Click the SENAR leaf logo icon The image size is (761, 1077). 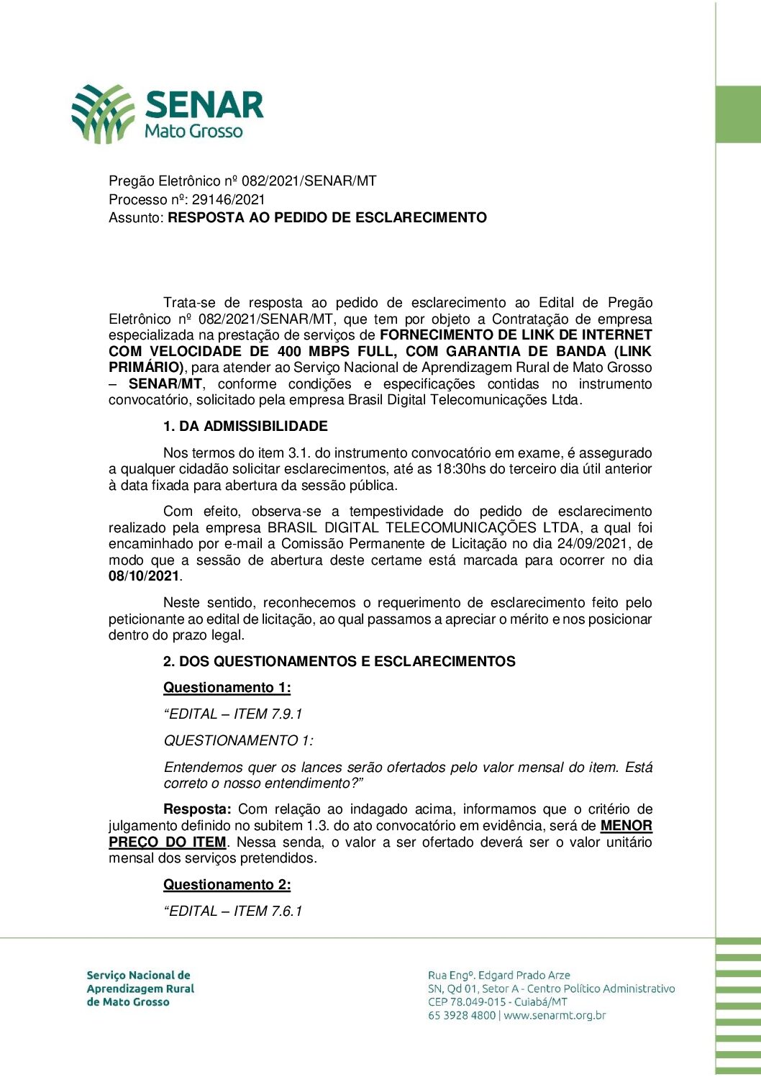click(103, 114)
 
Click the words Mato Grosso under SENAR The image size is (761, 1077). click(193, 131)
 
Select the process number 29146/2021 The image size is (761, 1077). click(228, 199)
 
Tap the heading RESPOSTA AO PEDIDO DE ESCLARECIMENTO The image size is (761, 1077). click(327, 217)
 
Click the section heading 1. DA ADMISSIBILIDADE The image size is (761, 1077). click(245, 426)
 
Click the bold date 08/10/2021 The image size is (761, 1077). click(144, 576)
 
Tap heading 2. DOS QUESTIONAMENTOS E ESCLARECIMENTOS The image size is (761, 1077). click(339, 661)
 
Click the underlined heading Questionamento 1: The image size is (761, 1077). click(227, 687)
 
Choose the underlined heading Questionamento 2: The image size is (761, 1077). click(227, 884)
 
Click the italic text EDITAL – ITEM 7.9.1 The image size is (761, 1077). click(233, 714)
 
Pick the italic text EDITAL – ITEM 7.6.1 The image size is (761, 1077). click(233, 911)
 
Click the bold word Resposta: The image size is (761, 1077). click(197, 809)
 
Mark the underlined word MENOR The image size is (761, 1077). click(626, 825)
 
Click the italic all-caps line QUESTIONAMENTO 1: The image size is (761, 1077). click(238, 740)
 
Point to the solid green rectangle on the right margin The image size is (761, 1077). click(739, 114)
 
